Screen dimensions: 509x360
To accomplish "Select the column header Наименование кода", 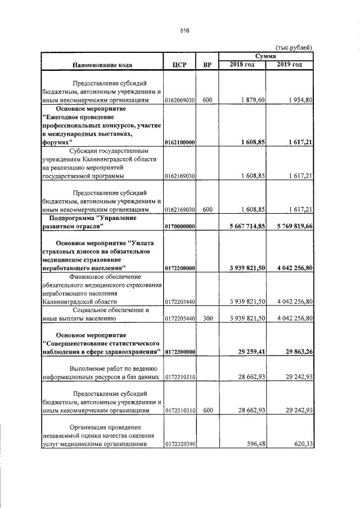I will click(x=102, y=65).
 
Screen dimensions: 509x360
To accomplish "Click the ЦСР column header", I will click(x=179, y=65).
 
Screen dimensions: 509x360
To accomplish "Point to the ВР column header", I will click(x=207, y=65).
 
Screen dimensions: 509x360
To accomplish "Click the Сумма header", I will click(x=265, y=57).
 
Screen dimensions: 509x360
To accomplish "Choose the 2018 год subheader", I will click(x=243, y=65).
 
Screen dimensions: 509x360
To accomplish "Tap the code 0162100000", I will click(x=179, y=143).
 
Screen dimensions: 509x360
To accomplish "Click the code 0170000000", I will click(x=179, y=227).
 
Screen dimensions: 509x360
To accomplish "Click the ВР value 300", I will click(x=207, y=319).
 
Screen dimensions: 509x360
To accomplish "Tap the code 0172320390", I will click(x=179, y=444).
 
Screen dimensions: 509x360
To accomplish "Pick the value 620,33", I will click(x=302, y=444).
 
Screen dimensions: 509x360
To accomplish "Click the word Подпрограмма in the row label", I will click(x=71, y=218).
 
